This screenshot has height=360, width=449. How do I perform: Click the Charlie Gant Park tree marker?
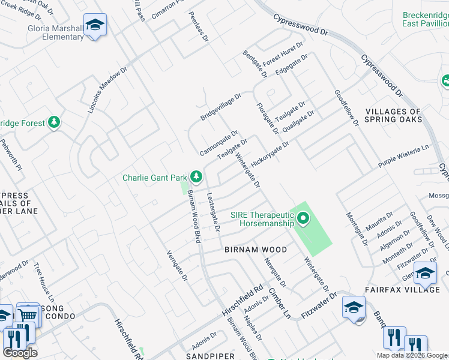click(196, 176)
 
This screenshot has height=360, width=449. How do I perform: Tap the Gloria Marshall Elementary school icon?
click(95, 26)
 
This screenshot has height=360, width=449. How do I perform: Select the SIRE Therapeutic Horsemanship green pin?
click(303, 219)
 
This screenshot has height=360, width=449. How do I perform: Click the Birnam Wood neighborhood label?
click(256, 249)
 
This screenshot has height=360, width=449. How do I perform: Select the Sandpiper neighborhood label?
click(209, 356)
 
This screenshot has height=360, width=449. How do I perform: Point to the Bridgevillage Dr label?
click(220, 106)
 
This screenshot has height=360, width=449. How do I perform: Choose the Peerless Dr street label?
click(197, 26)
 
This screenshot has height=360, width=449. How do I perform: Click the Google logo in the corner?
click(20, 353)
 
